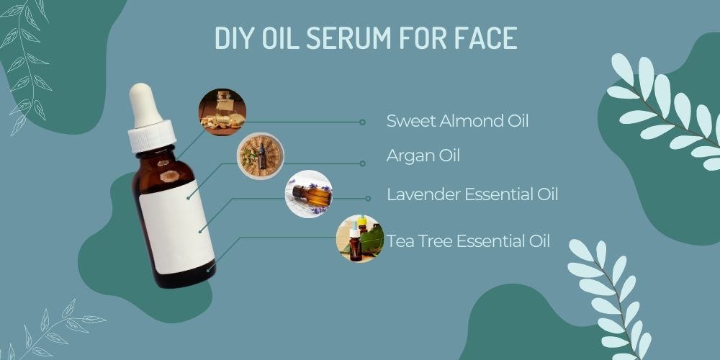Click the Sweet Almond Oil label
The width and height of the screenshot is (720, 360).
pos(457,121)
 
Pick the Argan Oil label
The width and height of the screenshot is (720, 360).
pos(423,156)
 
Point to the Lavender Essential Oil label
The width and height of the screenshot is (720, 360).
pos(472,194)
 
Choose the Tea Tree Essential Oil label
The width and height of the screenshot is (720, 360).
pos(468,240)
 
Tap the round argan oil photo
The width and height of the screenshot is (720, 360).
pos(261,156)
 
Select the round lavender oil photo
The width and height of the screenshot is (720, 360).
pos(309,194)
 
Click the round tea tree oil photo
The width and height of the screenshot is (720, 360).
pos(359,238)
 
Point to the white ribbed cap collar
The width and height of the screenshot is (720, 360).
pos(153,135)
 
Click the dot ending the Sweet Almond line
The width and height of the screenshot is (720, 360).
pos(362,122)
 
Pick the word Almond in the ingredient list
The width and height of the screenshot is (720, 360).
pos(459,121)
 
